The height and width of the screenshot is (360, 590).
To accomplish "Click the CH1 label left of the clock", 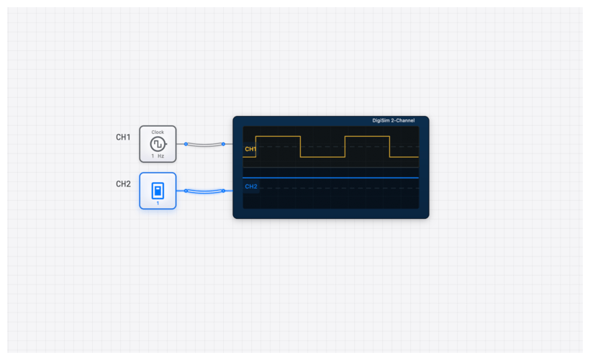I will click(x=123, y=138).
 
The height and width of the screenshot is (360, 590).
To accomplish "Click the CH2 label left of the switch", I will click(x=123, y=184).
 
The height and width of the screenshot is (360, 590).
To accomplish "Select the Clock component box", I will click(x=158, y=144).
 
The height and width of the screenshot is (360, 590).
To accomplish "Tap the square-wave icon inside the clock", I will click(x=158, y=144).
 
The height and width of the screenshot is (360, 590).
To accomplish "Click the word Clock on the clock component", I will click(x=158, y=132).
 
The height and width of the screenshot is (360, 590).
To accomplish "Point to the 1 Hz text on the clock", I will click(x=158, y=156).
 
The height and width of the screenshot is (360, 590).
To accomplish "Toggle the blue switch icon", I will click(x=158, y=190).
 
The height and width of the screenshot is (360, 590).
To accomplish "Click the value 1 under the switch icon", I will click(x=158, y=203).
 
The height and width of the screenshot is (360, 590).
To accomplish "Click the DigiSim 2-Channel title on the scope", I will click(x=393, y=120).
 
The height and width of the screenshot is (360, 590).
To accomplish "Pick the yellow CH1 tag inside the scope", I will click(x=250, y=149).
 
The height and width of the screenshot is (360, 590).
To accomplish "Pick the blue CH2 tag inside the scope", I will click(x=250, y=186).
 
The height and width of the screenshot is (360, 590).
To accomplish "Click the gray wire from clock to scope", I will click(x=204, y=145).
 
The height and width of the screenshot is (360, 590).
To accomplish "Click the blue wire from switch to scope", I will click(x=204, y=192).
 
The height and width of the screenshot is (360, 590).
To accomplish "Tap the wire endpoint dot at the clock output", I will click(x=186, y=144).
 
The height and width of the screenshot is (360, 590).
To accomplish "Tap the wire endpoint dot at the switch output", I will click(x=186, y=191).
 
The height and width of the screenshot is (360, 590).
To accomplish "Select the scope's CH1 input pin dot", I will click(x=223, y=144).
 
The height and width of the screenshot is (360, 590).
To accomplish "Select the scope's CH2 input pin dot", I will click(x=223, y=191).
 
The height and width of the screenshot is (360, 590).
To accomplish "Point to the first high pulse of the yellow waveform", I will click(x=278, y=136).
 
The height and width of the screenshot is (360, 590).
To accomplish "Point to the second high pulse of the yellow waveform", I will click(x=367, y=136).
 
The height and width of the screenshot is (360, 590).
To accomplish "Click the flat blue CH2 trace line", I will click(x=331, y=178).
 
